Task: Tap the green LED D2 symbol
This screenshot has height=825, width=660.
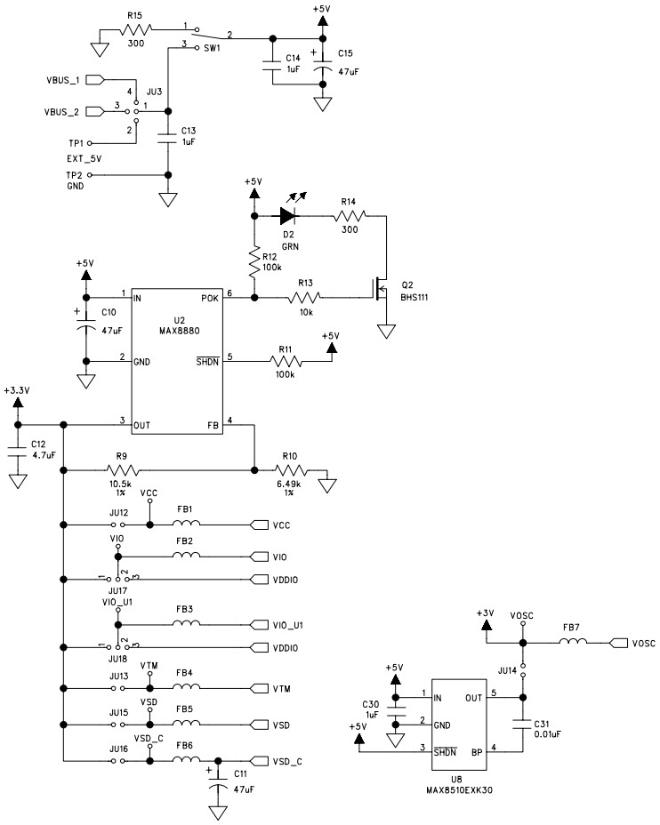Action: click(287, 214)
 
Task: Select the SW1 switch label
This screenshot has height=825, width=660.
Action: click(211, 50)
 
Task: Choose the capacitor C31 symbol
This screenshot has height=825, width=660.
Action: click(523, 725)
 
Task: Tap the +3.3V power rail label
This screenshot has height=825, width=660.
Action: click(17, 389)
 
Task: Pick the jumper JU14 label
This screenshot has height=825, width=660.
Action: click(507, 669)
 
